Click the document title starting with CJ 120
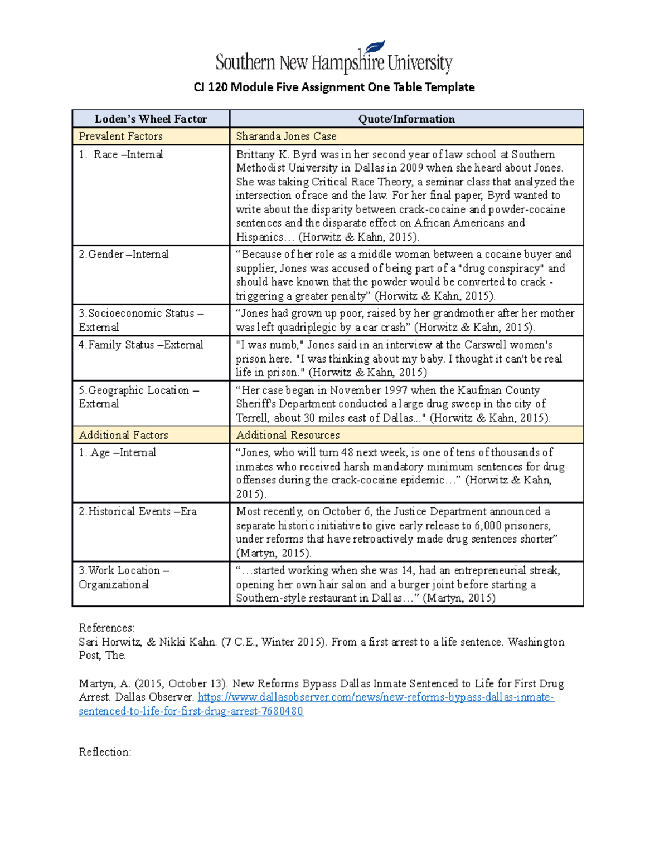[x=334, y=87]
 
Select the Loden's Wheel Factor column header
[x=151, y=119]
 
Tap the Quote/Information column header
[x=406, y=119]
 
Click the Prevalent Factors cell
[x=120, y=136]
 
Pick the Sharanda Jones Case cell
[x=286, y=136]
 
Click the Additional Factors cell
[x=123, y=435]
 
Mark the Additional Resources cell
[x=288, y=435]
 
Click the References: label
[x=106, y=628]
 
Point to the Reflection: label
[x=105, y=752]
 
